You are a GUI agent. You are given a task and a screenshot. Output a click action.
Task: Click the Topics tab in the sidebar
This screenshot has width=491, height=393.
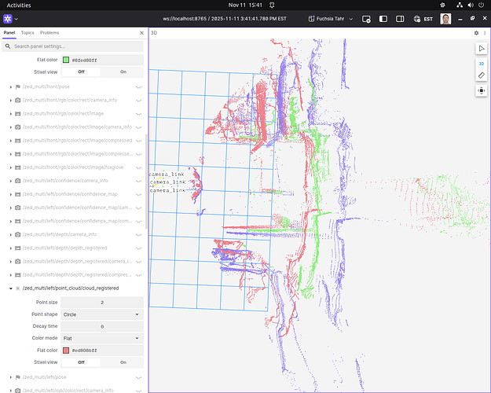click(x=27, y=33)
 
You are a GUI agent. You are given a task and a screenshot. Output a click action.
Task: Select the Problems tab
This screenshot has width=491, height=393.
click(x=49, y=33)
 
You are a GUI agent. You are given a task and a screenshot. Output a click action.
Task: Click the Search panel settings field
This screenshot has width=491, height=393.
click(x=75, y=46)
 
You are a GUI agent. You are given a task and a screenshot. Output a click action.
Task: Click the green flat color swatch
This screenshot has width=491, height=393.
click(x=66, y=60)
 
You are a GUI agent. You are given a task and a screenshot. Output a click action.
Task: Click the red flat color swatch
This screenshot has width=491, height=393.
click(x=66, y=351)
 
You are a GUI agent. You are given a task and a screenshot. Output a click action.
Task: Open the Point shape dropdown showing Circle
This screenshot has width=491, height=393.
click(x=101, y=314)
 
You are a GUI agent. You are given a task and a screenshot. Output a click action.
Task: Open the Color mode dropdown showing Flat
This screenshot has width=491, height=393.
click(x=101, y=338)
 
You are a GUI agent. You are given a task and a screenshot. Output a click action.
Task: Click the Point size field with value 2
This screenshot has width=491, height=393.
click(x=101, y=302)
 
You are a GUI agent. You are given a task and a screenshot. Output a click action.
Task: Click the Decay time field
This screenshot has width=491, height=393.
click(x=101, y=326)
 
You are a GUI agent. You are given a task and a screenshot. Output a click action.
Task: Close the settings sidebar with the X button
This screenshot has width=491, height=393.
click(x=141, y=33)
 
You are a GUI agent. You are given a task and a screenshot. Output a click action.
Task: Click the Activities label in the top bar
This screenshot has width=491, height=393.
click(x=19, y=6)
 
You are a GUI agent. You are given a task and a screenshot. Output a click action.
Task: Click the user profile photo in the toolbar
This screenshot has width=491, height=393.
click(x=445, y=18)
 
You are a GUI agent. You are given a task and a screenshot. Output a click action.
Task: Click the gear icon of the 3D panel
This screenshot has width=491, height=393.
click(x=475, y=33)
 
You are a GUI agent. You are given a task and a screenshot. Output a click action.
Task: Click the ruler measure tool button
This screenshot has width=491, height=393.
click(x=481, y=75)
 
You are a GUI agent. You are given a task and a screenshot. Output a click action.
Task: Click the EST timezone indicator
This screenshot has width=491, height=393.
click(x=424, y=18)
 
